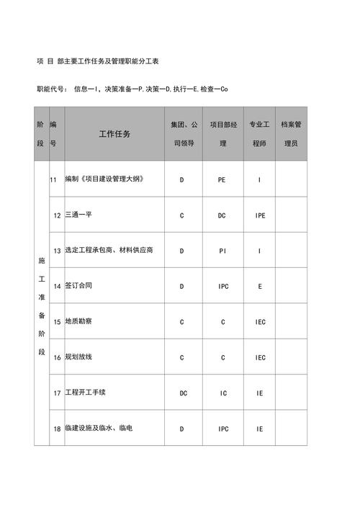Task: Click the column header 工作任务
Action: pos(114,135)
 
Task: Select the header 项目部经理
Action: pos(222,134)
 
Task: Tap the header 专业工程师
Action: pos(259,134)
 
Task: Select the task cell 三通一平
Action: pos(78,215)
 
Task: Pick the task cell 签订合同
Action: pos(78,286)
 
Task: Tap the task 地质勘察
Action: pos(78,321)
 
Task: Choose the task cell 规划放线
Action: pos(78,357)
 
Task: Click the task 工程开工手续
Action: pos(86,393)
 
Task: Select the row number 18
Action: pos(57,429)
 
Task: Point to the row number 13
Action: pos(57,251)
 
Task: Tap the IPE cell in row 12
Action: pos(259,215)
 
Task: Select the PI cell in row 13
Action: pos(222,251)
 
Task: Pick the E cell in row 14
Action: pos(259,286)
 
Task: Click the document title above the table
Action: pos(98,62)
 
